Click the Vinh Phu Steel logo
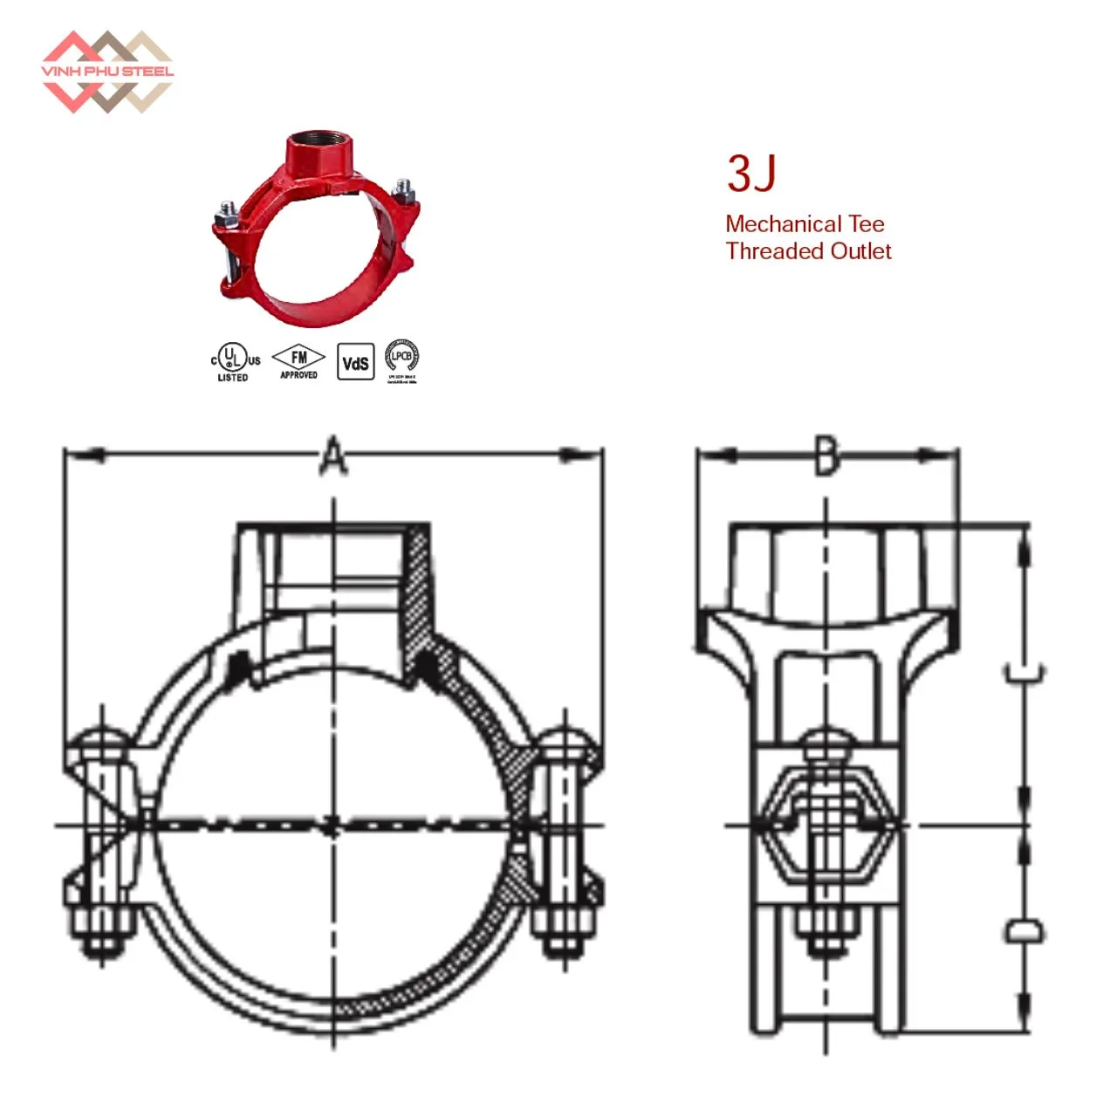(106, 72)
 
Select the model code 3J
(750, 174)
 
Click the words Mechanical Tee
(804, 224)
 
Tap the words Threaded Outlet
(808, 251)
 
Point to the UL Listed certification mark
(234, 361)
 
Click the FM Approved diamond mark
(298, 360)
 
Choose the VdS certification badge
(355, 362)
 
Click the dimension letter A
(332, 456)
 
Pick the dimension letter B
(826, 455)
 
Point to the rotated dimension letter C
(1024, 673)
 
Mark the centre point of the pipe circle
(332, 825)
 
